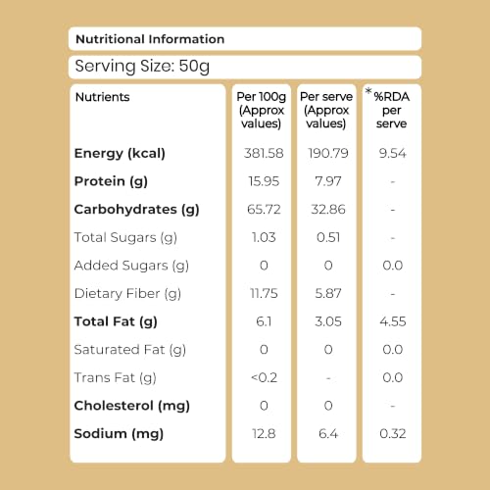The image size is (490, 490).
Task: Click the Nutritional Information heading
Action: (150, 39)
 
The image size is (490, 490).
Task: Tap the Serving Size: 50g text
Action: (142, 67)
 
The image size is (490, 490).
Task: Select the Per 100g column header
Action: (262, 110)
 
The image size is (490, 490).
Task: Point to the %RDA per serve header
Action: (391, 110)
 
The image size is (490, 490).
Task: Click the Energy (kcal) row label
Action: (120, 154)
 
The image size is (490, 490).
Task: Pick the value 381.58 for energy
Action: (264, 153)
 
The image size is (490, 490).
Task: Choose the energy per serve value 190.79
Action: (328, 153)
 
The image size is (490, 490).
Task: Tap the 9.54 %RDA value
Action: (392, 153)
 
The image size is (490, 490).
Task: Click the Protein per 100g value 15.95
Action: (264, 181)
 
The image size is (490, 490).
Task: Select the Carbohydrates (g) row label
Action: (136, 210)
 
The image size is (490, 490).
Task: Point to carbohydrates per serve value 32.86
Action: (328, 210)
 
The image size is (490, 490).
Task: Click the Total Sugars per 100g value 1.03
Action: (264, 237)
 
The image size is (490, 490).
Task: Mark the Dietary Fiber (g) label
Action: (127, 294)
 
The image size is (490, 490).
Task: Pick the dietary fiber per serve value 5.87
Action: (328, 293)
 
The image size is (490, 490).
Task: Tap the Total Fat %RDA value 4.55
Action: (393, 321)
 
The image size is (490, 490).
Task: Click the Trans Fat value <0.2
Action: (264, 377)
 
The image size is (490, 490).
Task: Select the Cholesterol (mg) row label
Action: (131, 406)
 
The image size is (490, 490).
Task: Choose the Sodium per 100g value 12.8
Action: (264, 434)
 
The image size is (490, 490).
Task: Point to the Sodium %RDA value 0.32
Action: (393, 434)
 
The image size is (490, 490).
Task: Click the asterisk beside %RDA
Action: (368, 91)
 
